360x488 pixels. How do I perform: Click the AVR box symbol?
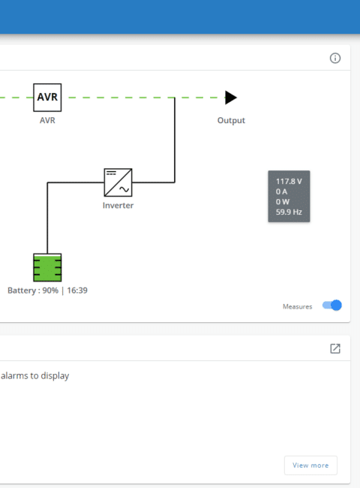click(47, 98)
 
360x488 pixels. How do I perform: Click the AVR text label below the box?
click(47, 120)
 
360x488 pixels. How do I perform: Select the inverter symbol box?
click(118, 182)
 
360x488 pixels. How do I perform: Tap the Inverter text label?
click(118, 206)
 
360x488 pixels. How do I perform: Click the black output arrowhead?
click(231, 98)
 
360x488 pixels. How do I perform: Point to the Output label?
click(231, 120)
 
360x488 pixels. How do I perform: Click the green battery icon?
click(47, 267)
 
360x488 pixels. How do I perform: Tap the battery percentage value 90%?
click(50, 291)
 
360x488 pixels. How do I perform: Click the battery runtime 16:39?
click(77, 291)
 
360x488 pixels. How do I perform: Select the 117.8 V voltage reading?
click(289, 182)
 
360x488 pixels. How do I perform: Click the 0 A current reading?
click(281, 191)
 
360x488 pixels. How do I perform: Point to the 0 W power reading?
click(283, 202)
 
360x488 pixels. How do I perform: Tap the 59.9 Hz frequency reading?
click(289, 212)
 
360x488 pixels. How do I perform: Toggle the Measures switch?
click(332, 306)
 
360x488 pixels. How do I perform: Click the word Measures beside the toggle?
click(297, 306)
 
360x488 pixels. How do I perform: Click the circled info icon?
click(335, 59)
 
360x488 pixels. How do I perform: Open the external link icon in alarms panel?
click(335, 348)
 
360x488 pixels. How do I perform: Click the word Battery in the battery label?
click(22, 291)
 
